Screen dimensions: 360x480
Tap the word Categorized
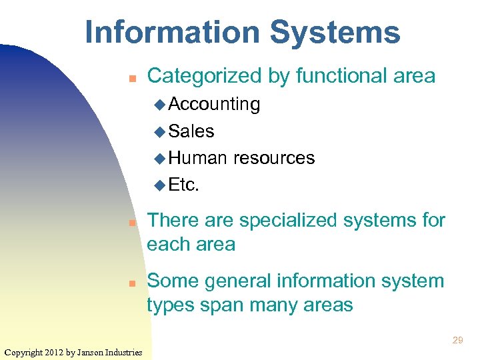pyautogui.click(x=204, y=77)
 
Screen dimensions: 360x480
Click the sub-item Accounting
pyautogui.click(x=214, y=104)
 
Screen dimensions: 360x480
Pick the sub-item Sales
pyautogui.click(x=191, y=131)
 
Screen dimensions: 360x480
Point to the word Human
pyautogui.click(x=198, y=158)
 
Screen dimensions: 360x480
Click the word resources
pyautogui.click(x=274, y=158)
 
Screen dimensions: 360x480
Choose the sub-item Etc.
pyautogui.click(x=184, y=185)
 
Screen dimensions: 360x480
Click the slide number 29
pyautogui.click(x=457, y=340)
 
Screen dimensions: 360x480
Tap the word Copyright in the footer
pyautogui.click(x=25, y=352)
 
